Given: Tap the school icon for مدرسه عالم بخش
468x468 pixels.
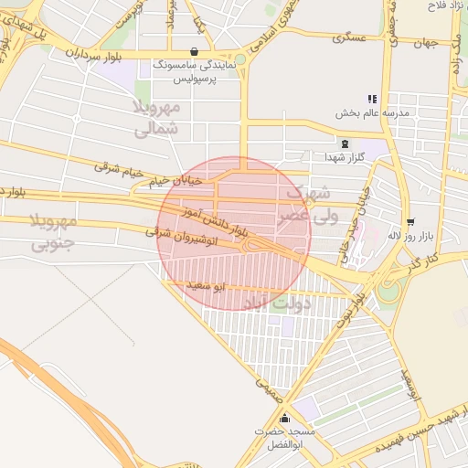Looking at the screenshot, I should pos(371,99).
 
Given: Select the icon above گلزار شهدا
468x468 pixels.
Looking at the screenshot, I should pos(345,144).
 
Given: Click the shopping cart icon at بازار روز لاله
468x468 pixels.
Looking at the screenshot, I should pos(409,221).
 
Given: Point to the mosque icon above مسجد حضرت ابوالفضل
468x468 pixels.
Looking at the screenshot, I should pos(284,417).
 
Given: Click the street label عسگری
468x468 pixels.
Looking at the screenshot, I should pos(349,38).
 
